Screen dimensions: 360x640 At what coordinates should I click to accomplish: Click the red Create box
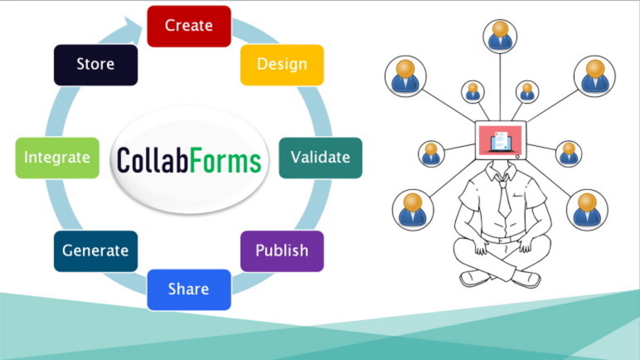click(188, 26)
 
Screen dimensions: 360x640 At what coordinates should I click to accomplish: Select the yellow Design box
click(282, 65)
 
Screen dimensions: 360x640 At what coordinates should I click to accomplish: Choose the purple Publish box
click(282, 251)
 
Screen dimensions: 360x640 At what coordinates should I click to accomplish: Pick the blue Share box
click(188, 289)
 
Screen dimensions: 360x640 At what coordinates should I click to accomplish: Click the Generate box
click(95, 251)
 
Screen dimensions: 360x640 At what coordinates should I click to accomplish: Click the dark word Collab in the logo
click(153, 159)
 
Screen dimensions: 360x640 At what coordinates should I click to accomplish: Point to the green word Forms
click(225, 159)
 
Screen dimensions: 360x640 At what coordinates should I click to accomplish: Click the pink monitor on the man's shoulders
click(500, 142)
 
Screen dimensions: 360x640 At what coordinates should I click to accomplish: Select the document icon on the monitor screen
click(500, 140)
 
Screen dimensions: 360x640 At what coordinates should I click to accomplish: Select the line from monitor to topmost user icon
click(500, 87)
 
